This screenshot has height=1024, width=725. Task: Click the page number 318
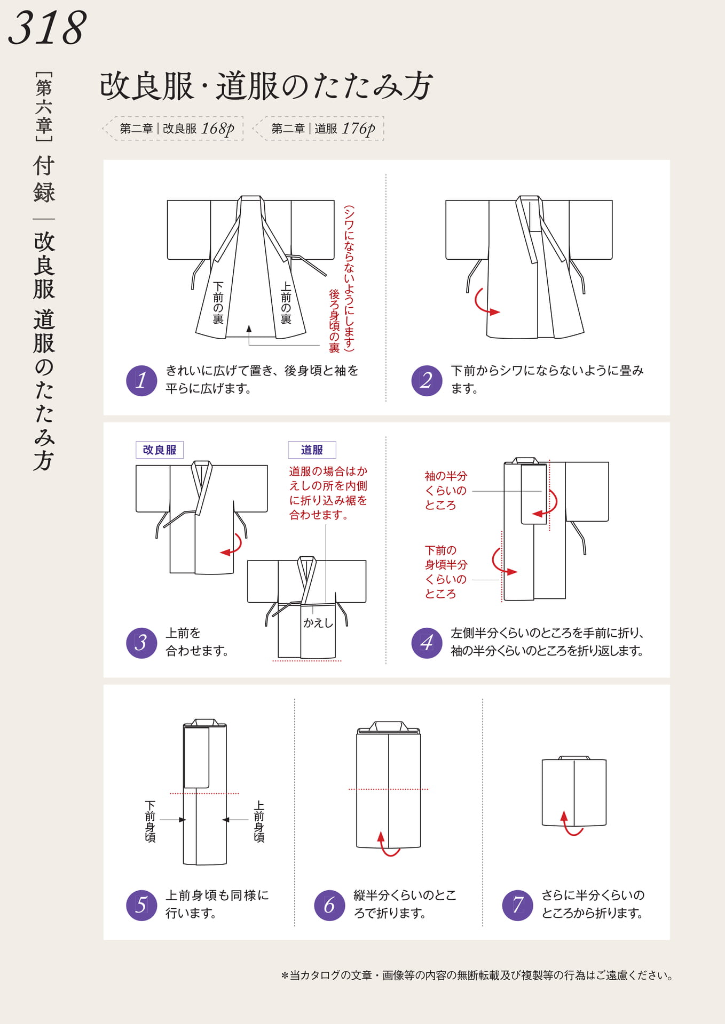pos(47,28)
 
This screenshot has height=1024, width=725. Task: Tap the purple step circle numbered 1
pos(141,380)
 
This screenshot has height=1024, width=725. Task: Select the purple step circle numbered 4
pos(427,643)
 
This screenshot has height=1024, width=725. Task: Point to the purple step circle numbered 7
pos(517,905)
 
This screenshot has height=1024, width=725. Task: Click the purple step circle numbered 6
pos(329,905)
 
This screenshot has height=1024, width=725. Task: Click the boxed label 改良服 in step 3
pos(160,450)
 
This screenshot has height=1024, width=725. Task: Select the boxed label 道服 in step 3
pos(312,450)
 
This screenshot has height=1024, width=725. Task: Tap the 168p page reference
pos(218,129)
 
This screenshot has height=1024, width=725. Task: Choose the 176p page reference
pos(359,129)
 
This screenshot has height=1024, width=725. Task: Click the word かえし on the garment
pos(318,623)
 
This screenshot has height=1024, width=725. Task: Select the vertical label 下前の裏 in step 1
pos(218,302)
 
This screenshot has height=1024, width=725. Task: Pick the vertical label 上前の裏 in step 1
pos(286,302)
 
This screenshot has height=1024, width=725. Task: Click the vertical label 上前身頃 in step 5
pos(259,821)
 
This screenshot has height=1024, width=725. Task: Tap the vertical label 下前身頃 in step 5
pos(150,821)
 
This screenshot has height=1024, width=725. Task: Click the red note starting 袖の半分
pos(446,491)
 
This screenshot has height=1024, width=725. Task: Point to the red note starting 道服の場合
pos(328,493)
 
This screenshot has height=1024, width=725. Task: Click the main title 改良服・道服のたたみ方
pos(266,86)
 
